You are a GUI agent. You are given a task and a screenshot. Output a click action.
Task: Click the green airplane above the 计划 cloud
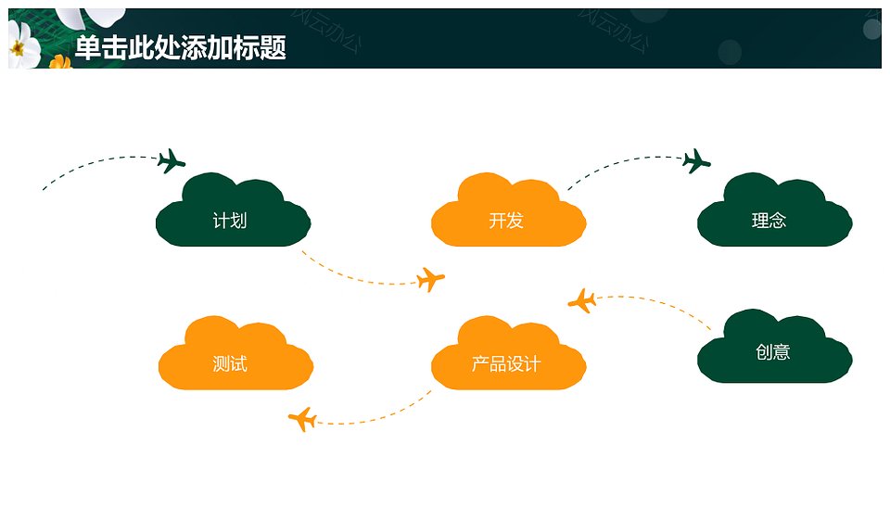tap(171, 161)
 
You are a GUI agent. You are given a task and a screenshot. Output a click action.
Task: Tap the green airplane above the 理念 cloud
tap(696, 161)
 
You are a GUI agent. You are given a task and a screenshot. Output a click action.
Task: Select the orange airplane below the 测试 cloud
tap(302, 419)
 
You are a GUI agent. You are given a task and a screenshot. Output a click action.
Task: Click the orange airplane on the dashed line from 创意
tap(582, 301)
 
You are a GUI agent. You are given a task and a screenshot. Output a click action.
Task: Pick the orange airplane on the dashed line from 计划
tap(430, 279)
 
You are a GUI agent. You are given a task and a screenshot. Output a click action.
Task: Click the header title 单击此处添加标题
tap(181, 47)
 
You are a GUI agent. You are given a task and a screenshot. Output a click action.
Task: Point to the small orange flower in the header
tap(59, 62)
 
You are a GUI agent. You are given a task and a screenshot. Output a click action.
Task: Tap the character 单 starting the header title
tap(87, 47)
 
